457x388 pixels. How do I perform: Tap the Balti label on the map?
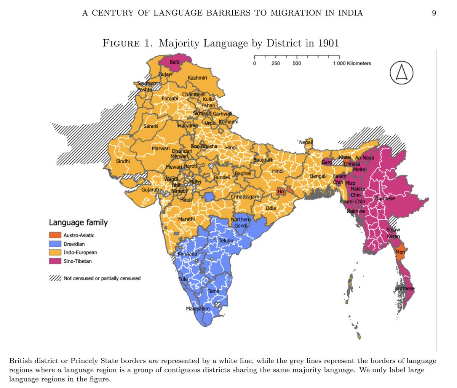(x=175, y=62)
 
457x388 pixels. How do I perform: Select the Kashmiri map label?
(x=197, y=78)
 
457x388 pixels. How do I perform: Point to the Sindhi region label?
(x=123, y=161)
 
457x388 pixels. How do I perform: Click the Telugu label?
(x=226, y=241)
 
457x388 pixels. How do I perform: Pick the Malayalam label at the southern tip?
(x=198, y=308)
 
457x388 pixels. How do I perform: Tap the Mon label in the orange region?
(x=400, y=252)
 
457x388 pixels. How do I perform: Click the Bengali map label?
(x=318, y=176)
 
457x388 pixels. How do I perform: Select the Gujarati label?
(x=150, y=189)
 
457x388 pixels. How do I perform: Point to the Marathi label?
(x=186, y=219)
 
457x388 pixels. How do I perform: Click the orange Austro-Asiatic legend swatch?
(x=55, y=235)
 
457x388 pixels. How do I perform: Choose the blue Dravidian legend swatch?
(x=55, y=244)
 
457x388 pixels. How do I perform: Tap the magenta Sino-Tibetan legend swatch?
(x=55, y=261)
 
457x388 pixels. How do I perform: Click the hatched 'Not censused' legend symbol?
(x=55, y=278)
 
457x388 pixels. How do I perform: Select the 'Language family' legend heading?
(x=78, y=223)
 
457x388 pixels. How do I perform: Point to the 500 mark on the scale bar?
(x=297, y=63)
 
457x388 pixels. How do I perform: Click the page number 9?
(x=434, y=13)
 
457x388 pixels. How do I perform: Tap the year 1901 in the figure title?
(x=328, y=43)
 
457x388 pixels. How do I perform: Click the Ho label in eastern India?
(x=281, y=192)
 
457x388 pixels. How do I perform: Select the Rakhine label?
(x=356, y=211)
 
